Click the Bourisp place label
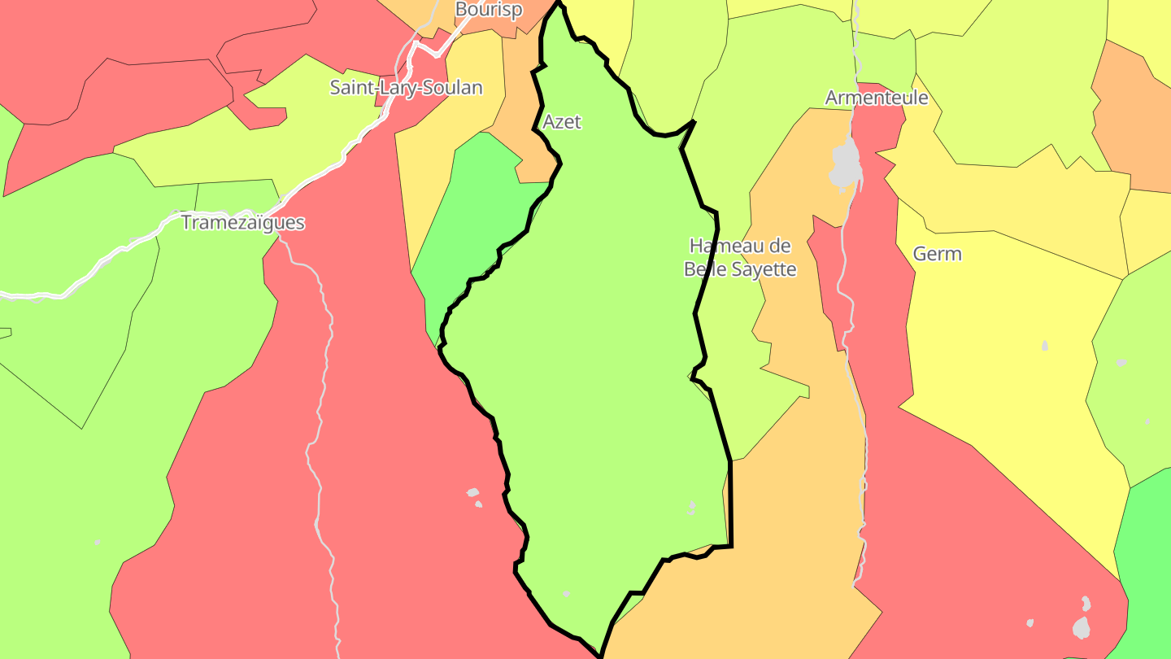(x=488, y=10)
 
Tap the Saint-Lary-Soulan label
(x=406, y=88)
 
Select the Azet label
(x=562, y=122)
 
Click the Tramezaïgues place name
(x=242, y=223)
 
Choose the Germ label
(x=937, y=254)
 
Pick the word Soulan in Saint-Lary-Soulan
(x=452, y=88)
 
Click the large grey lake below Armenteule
(x=846, y=164)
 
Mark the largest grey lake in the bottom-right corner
(x=1081, y=626)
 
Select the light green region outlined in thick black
(x=602, y=366)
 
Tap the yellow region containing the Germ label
(x=1000, y=342)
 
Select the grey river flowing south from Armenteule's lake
(x=859, y=407)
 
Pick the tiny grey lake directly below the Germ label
(x=1045, y=347)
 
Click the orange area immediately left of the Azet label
(x=520, y=122)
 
